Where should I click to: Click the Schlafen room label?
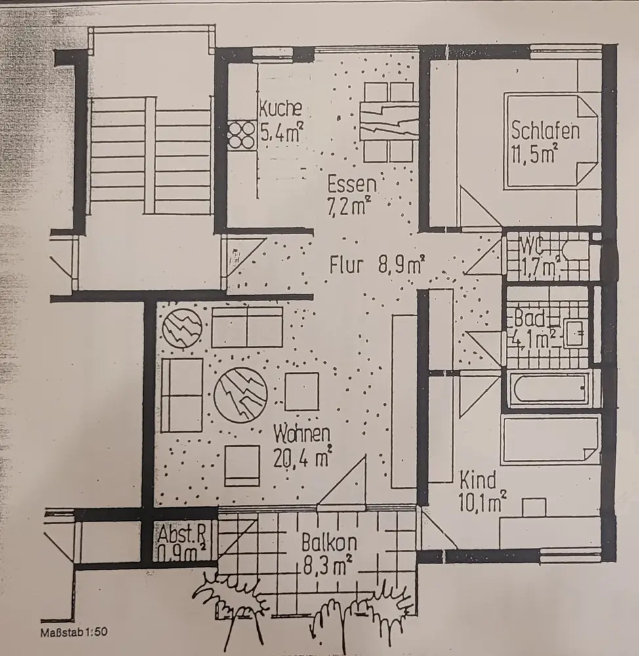click(x=545, y=131)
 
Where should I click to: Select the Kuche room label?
click(x=281, y=108)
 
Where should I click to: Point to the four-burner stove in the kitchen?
click(x=241, y=134)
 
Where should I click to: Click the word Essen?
click(x=352, y=184)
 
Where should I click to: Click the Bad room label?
click(x=529, y=319)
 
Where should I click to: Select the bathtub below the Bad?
click(x=550, y=389)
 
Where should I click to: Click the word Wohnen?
click(x=302, y=434)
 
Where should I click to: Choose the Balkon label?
click(x=329, y=543)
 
